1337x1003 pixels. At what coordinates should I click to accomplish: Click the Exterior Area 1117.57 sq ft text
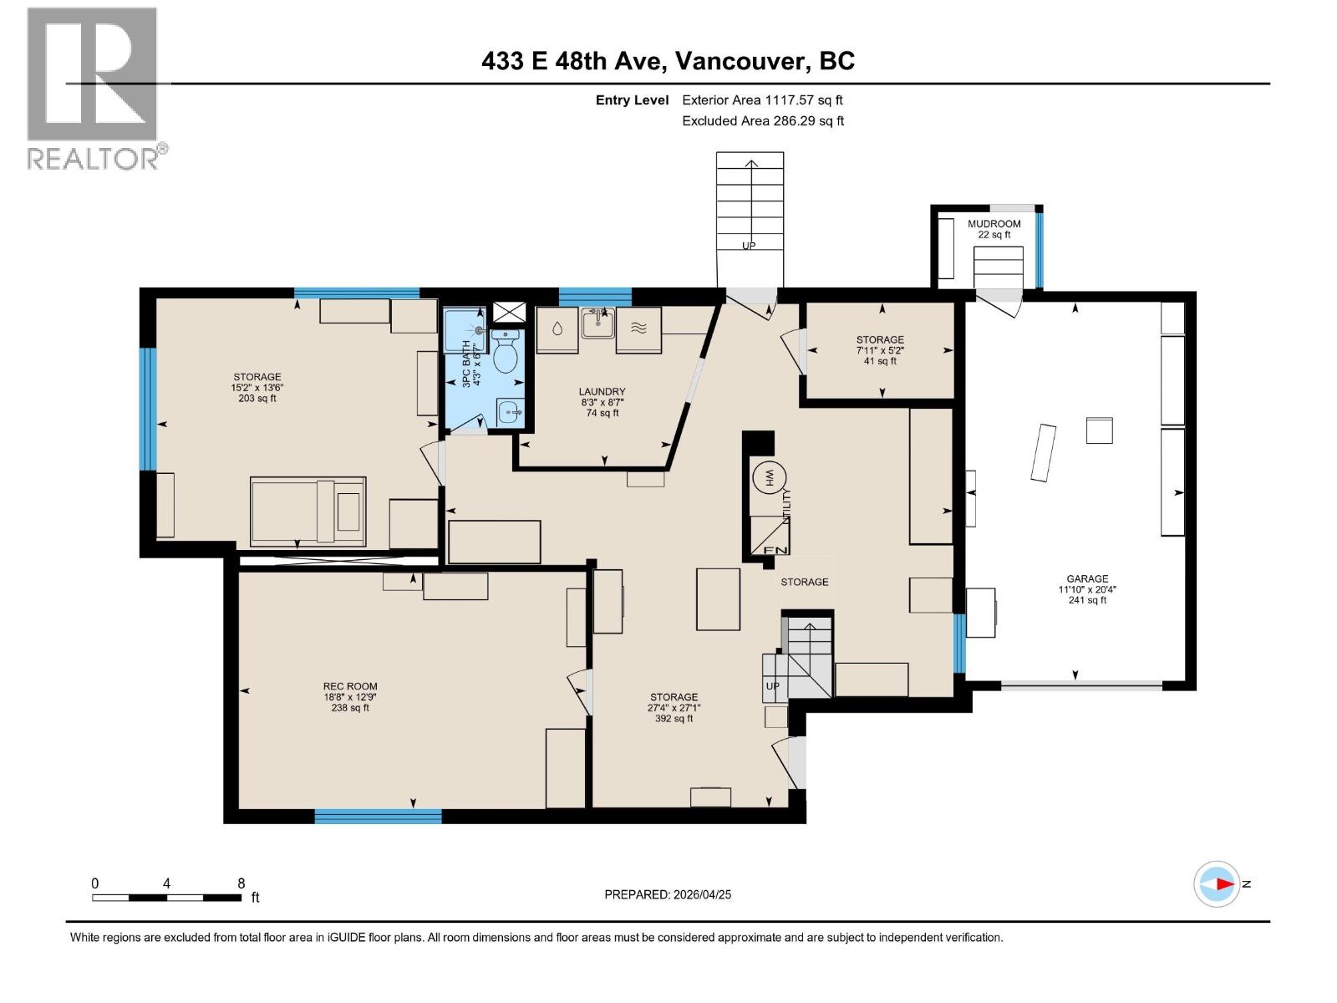click(762, 99)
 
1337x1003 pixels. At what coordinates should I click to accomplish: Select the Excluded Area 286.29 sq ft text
click(762, 120)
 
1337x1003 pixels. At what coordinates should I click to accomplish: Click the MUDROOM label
click(994, 224)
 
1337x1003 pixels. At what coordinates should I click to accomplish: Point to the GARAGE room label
click(1086, 578)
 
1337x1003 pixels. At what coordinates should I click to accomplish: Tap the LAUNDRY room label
click(602, 391)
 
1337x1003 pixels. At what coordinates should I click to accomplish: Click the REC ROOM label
click(350, 686)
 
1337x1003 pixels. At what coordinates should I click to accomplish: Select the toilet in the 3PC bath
click(505, 354)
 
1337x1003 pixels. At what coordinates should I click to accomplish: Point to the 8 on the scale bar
click(241, 883)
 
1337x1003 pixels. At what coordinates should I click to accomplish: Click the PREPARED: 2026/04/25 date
click(668, 894)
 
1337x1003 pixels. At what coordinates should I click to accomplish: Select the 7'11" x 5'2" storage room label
click(879, 350)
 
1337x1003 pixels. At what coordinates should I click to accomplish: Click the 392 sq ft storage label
click(674, 718)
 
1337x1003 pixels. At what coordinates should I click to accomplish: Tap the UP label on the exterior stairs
click(749, 246)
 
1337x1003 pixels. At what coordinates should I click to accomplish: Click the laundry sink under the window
click(598, 321)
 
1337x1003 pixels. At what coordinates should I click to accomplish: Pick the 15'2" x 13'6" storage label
click(257, 388)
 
